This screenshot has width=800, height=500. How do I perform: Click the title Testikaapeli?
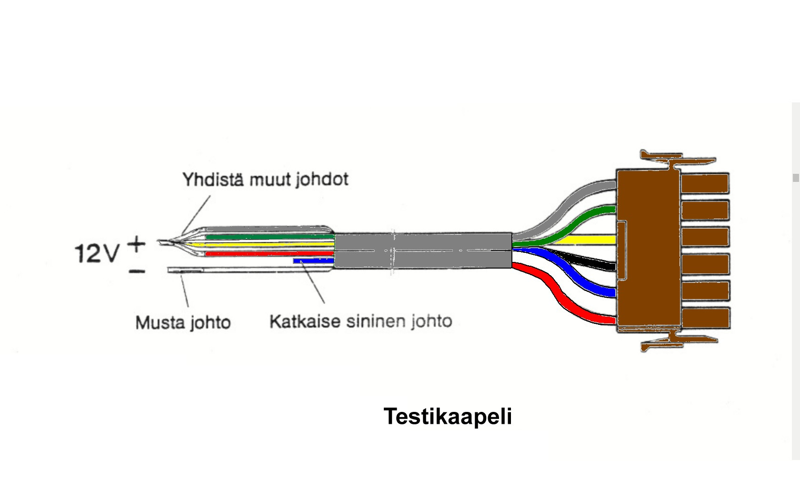coord(447,416)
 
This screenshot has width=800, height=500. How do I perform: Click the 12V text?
coord(97,253)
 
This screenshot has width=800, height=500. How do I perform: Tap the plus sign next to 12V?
coord(137,245)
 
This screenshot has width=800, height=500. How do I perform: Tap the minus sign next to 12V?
coord(137,271)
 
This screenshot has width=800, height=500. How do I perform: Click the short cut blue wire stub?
coord(312,260)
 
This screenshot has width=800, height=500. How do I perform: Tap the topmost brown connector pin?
coord(705,183)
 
